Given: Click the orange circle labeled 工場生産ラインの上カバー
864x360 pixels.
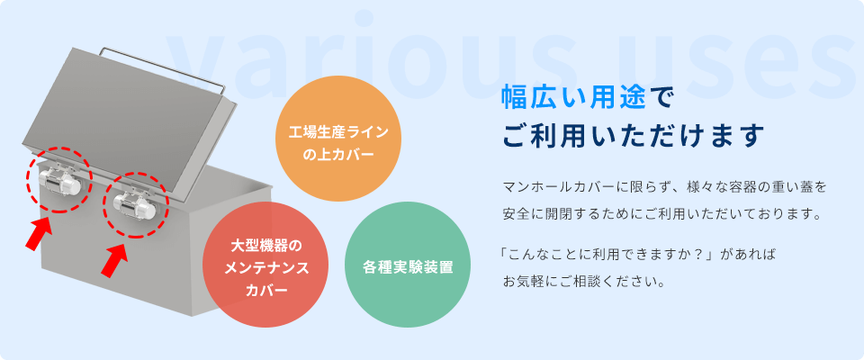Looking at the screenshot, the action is click(x=338, y=139).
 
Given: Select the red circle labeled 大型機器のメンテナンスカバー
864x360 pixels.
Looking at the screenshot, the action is click(x=265, y=265).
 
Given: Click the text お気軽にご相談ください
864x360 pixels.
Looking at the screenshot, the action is click(x=582, y=283).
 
